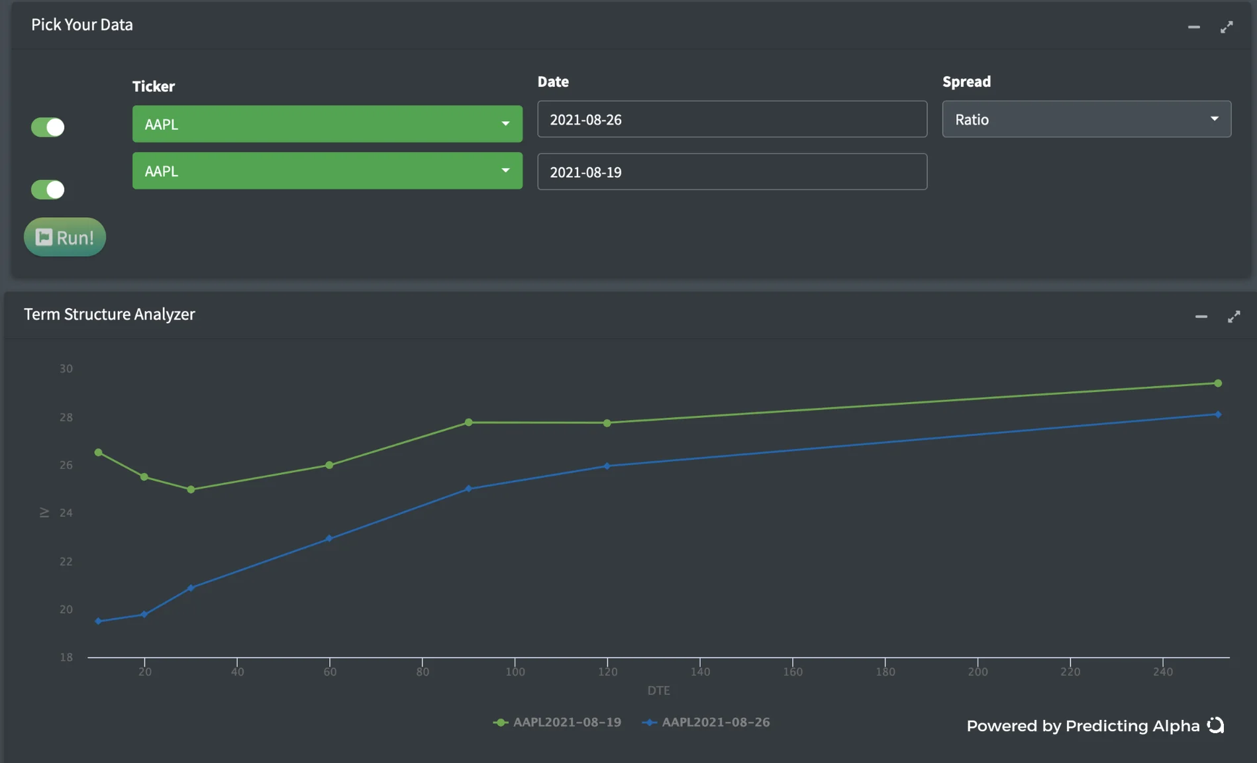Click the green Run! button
[x=65, y=237]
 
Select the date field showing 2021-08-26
[x=732, y=119]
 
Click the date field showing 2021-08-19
[x=732, y=172]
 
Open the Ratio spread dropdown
[x=1086, y=119]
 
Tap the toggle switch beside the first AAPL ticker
[x=48, y=127]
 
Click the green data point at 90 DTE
[x=468, y=422]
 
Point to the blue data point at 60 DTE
[x=329, y=538]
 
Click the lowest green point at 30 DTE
[x=191, y=489]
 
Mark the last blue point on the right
[x=1218, y=415]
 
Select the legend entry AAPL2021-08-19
[x=558, y=722]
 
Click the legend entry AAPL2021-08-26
[x=706, y=722]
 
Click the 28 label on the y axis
[x=66, y=417]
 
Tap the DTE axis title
[x=658, y=690]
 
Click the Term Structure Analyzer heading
[x=109, y=314]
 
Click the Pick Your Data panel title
[x=82, y=25]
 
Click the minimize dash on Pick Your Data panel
[x=1193, y=27]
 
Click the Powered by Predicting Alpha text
[x=1083, y=726]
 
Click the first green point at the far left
[x=99, y=452]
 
